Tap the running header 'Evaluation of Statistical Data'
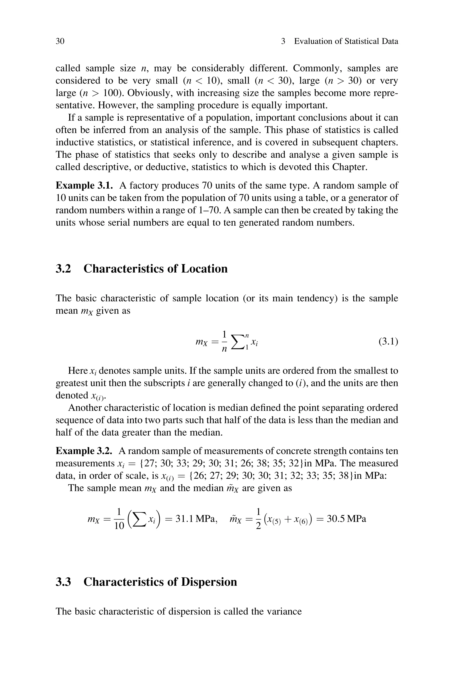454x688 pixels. click(x=346, y=41)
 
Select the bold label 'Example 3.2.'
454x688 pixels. click(x=84, y=451)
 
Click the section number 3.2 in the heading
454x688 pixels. click(x=63, y=269)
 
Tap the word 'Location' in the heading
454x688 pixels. click(x=204, y=269)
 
